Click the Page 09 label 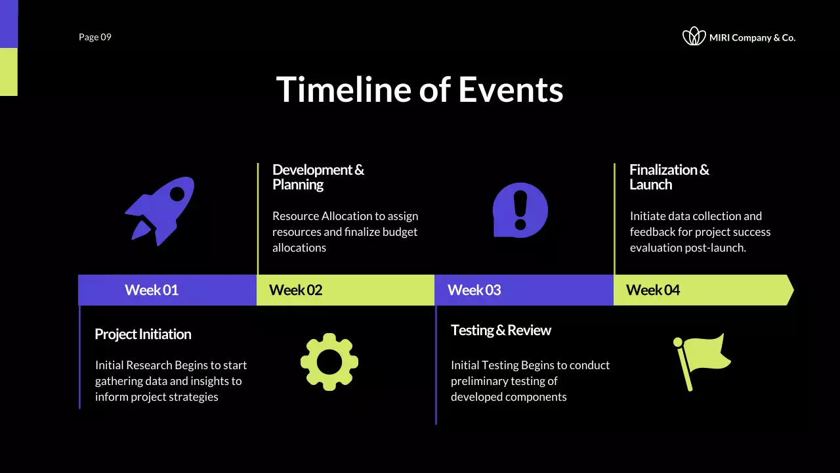95,37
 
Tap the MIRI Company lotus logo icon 694,37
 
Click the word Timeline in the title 343,89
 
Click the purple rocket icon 160,211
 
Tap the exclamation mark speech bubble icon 520,210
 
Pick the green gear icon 329,362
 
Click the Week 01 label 152,290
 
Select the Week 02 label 296,290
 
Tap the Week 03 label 474,290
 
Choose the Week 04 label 653,290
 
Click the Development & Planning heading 318,177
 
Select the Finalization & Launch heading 669,177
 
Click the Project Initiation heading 143,334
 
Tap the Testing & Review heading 501,330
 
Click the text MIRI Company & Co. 752,38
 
